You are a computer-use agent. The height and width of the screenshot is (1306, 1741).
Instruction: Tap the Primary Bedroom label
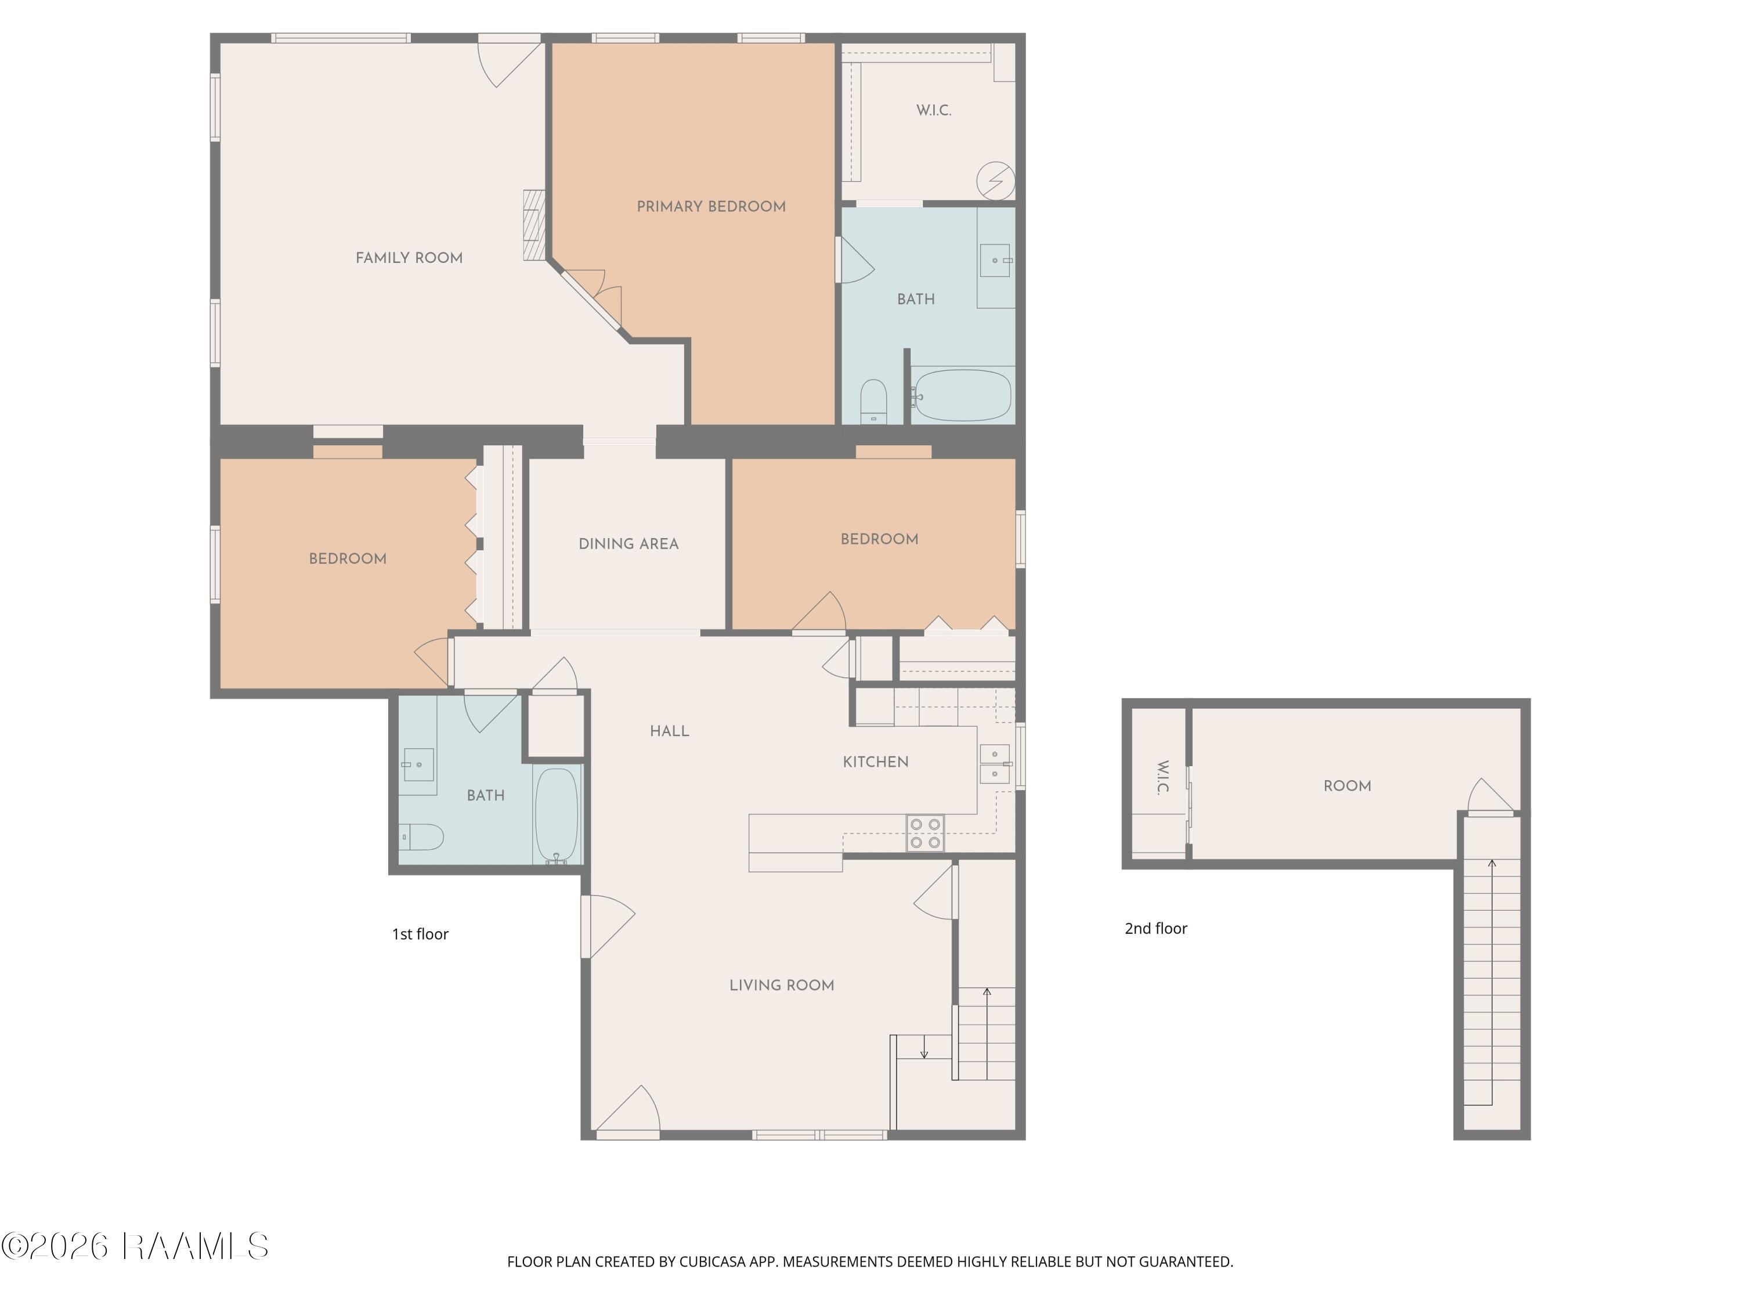[x=711, y=206]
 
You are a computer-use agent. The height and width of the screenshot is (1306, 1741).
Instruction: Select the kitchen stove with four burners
[x=925, y=834]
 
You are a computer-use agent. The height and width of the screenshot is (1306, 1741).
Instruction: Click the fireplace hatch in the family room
[x=534, y=225]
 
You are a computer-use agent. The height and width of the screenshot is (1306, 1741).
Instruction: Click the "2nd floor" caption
[x=1155, y=928]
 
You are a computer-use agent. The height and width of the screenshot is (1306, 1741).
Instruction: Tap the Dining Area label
[x=628, y=544]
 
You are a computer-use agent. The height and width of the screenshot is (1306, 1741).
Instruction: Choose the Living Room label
[x=782, y=985]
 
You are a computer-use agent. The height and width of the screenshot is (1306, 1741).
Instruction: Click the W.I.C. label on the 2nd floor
[x=1162, y=777]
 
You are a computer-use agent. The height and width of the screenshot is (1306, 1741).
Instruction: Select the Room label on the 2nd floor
[x=1347, y=786]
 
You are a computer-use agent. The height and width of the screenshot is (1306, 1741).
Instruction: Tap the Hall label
[x=669, y=731]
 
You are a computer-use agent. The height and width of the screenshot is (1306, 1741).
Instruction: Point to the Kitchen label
[x=875, y=762]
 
